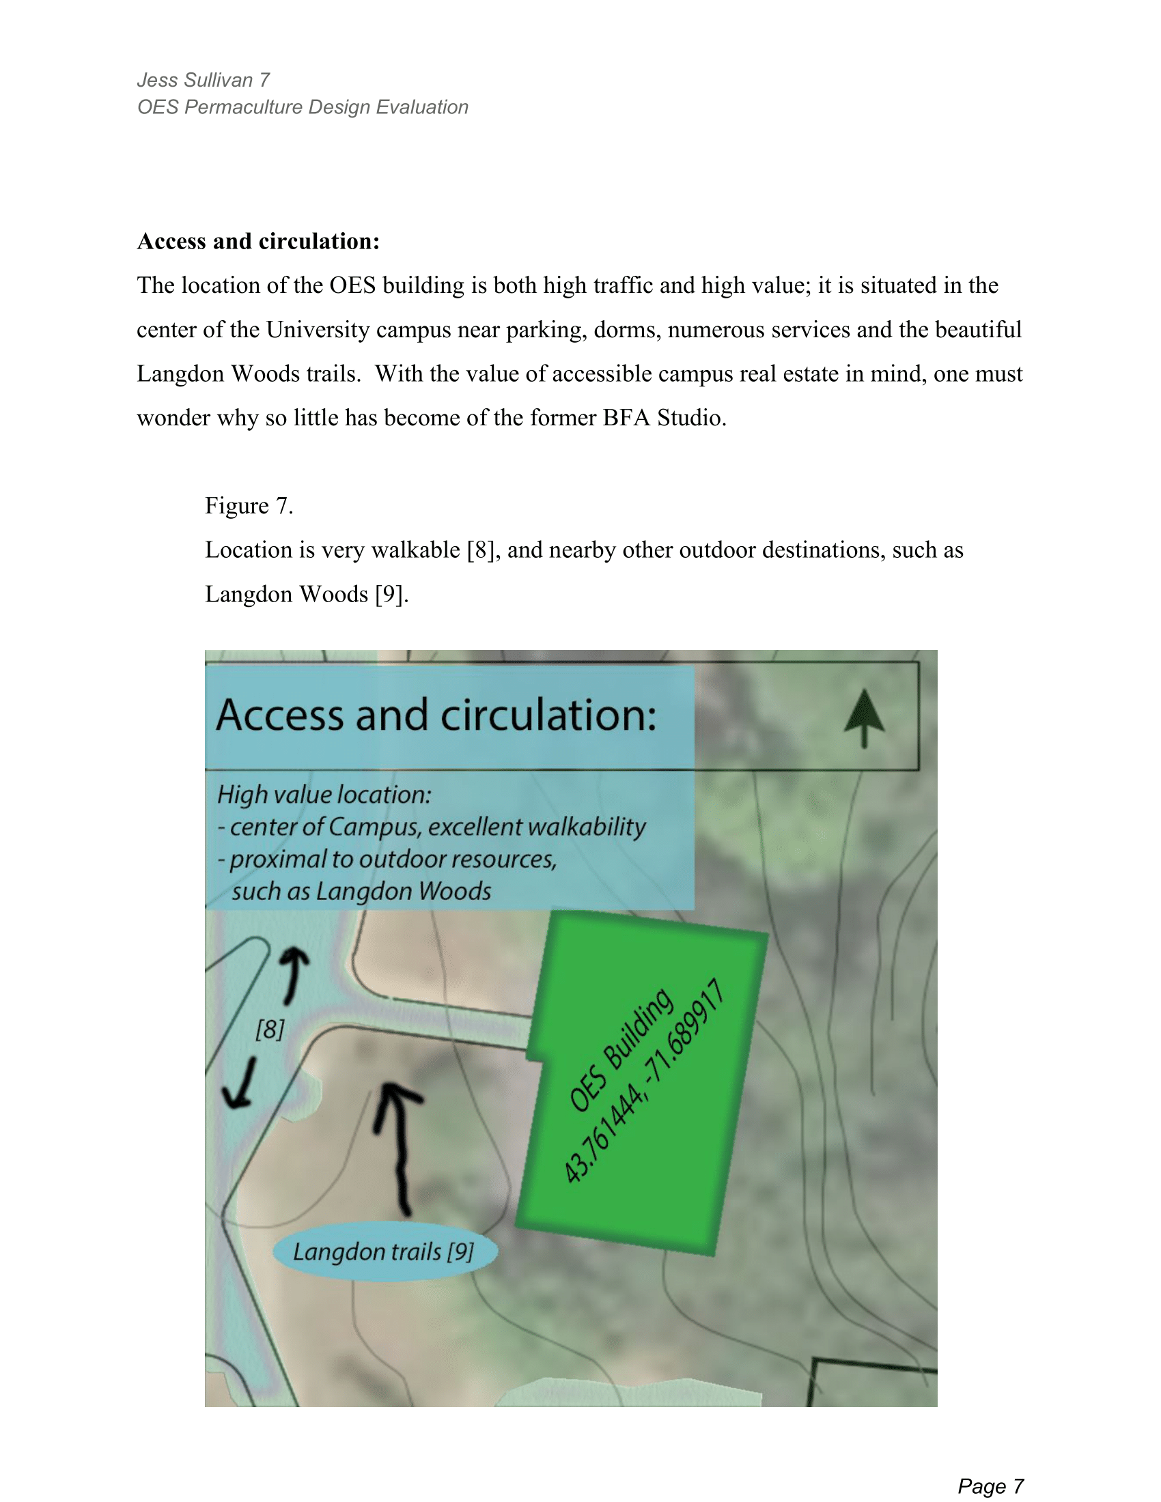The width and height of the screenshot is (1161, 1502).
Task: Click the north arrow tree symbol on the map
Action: pyautogui.click(x=864, y=718)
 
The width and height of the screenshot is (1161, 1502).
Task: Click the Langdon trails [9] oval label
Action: pyautogui.click(x=384, y=1251)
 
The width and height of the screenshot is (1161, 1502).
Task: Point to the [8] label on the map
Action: pyautogui.click(x=270, y=1030)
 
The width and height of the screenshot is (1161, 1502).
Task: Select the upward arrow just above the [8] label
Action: pyautogui.click(x=294, y=974)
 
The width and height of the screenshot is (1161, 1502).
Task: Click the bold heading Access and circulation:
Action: pyautogui.click(x=258, y=242)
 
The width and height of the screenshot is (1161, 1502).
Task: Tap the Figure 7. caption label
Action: pyautogui.click(x=249, y=505)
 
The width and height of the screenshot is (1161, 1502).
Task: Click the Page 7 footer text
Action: pyautogui.click(x=990, y=1486)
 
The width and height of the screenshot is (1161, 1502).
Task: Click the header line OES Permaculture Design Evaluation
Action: pyautogui.click(x=303, y=107)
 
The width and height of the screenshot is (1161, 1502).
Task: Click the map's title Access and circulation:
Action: pyautogui.click(x=436, y=715)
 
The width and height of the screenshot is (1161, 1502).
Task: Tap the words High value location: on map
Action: pyautogui.click(x=324, y=794)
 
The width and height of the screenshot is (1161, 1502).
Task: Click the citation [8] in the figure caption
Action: pyautogui.click(x=481, y=550)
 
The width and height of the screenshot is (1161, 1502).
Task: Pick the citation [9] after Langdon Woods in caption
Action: pyautogui.click(x=391, y=593)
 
